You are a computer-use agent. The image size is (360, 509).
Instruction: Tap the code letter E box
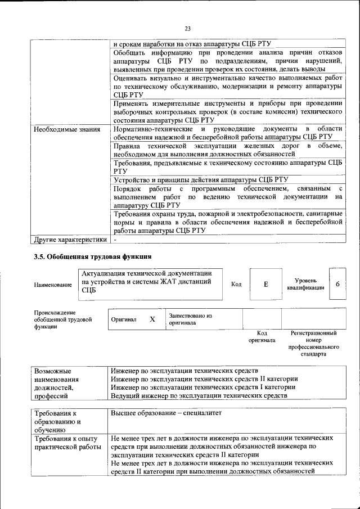coord(265,284)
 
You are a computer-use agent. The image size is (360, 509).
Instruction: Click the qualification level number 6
coord(337,284)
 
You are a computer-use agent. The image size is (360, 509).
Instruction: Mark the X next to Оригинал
coord(152,319)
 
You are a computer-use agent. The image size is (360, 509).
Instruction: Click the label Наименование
coord(53,285)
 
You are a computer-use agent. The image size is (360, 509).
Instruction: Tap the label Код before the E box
coord(236,285)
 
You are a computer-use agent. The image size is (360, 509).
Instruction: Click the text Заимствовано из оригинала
coord(190,319)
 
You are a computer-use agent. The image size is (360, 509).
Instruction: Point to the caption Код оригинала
coord(262,336)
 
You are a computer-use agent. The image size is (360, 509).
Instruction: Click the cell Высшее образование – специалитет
coord(166,413)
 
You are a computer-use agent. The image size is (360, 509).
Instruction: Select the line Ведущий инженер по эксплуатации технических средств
coord(199,395)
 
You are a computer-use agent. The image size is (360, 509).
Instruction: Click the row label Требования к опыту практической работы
coord(66,442)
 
